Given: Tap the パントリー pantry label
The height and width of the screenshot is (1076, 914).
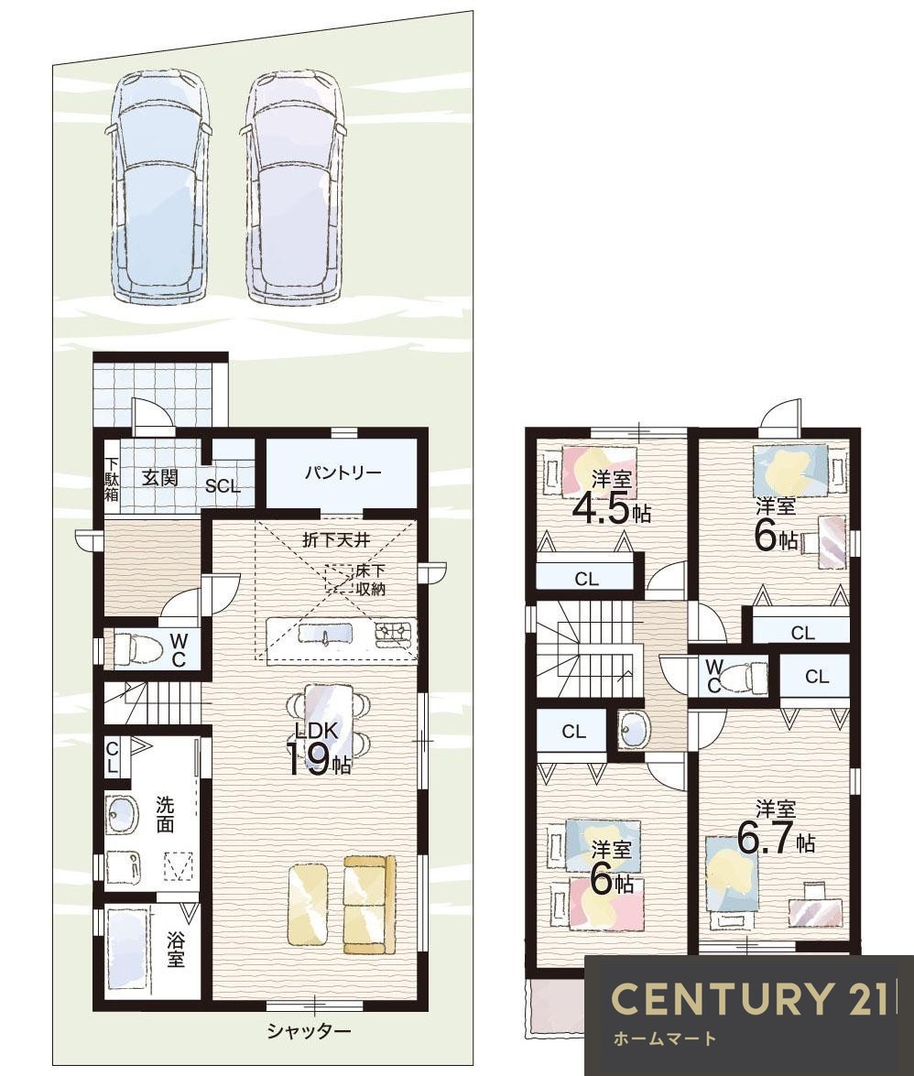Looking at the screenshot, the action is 343,473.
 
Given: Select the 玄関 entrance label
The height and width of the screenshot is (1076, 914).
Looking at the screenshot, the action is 160,478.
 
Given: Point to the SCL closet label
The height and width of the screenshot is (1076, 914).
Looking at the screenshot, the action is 223,486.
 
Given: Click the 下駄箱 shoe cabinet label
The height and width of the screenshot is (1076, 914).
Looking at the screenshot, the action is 112,478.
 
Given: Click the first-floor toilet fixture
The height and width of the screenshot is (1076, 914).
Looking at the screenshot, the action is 137,649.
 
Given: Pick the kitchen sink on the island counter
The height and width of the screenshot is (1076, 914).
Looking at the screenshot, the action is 326,634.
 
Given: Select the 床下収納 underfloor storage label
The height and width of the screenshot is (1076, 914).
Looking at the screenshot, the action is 371,580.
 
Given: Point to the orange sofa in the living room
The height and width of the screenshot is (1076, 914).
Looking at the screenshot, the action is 370,905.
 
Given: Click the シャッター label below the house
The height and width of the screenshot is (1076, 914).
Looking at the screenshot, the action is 310,1030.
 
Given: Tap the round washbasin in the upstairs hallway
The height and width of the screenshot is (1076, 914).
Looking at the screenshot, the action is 632,730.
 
